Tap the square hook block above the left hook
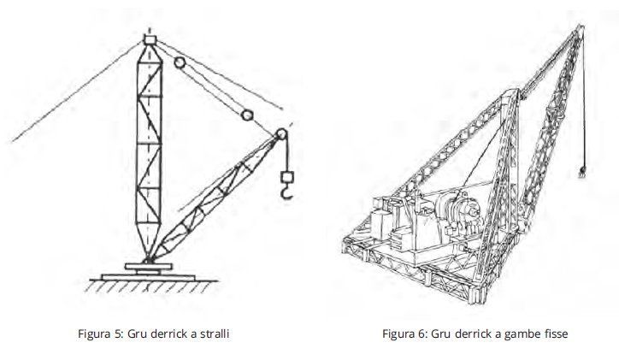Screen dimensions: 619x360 [x=287, y=176]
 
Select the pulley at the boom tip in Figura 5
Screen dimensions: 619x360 [x=281, y=134]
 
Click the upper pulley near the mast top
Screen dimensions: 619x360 [x=180, y=62]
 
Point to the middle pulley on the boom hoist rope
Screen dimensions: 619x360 [x=247, y=115]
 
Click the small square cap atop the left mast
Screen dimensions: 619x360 [x=150, y=39]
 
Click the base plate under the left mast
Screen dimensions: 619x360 [x=149, y=278]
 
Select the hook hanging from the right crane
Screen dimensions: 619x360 [x=581, y=172]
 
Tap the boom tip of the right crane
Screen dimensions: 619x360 [x=580, y=27]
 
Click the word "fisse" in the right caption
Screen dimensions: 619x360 [x=555, y=333]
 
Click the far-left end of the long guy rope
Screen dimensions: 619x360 [x=13, y=141]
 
